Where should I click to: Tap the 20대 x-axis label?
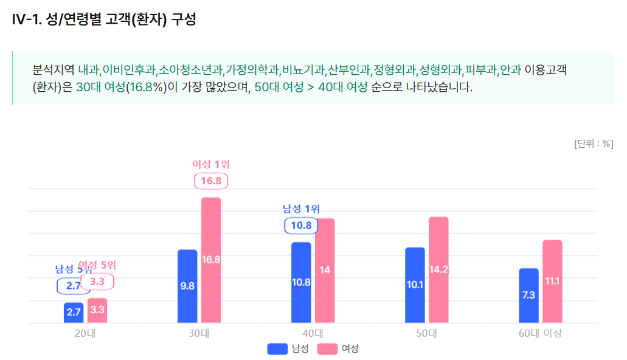(85, 333)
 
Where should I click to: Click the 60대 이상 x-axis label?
(541, 333)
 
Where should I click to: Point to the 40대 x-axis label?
(313, 333)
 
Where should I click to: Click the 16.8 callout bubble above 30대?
(211, 181)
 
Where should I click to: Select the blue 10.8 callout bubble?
(301, 226)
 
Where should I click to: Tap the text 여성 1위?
(211, 164)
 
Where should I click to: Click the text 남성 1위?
(301, 209)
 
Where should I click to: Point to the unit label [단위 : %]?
(593, 144)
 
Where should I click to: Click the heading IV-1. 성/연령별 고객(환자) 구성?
(104, 19)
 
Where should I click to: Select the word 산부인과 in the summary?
(348, 70)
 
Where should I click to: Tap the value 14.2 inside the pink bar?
(438, 270)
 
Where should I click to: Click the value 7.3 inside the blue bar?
(528, 295)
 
